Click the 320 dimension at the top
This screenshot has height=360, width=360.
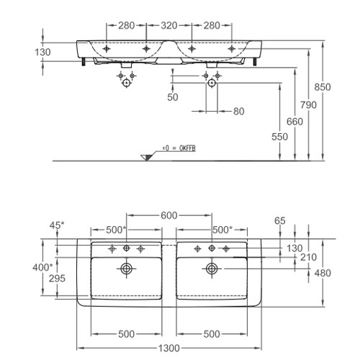pyautogui.click(x=169, y=25)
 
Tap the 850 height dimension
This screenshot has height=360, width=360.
pyautogui.click(x=323, y=87)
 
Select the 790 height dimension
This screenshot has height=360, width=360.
pyautogui.click(x=308, y=105)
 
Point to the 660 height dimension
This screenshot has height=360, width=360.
pyautogui.click(x=294, y=122)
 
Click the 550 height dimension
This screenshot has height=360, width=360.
pyautogui.click(x=279, y=137)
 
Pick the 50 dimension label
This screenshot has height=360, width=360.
pyautogui.click(x=173, y=97)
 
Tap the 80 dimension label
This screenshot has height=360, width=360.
pyautogui.click(x=239, y=112)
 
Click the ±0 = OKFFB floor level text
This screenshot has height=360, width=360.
pyautogui.click(x=179, y=148)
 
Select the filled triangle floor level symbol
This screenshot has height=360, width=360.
pyautogui.click(x=147, y=158)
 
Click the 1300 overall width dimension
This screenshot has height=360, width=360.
pyautogui.click(x=169, y=348)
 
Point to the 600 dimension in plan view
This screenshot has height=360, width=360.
pyautogui.click(x=169, y=215)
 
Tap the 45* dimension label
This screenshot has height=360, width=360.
pyautogui.click(x=57, y=225)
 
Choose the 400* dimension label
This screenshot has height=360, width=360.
pyautogui.click(x=42, y=267)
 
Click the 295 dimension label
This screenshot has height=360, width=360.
pyautogui.click(x=57, y=279)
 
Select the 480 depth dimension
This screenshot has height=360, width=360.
pyautogui.click(x=323, y=273)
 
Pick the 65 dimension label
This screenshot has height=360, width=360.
pyautogui.click(x=280, y=221)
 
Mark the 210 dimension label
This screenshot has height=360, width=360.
pyautogui.click(x=308, y=257)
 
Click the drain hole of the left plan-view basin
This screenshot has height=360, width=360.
pyautogui.click(x=126, y=269)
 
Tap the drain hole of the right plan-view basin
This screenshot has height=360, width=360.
pyautogui.click(x=212, y=269)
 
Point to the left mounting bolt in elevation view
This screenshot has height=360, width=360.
pyautogui.click(x=84, y=62)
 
